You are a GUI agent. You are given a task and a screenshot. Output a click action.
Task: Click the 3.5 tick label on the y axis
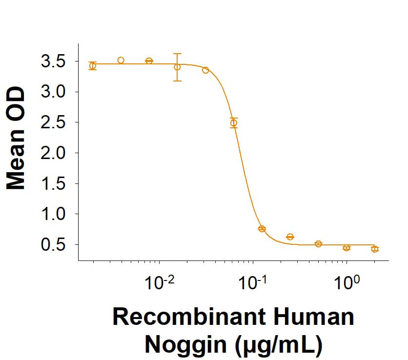[55, 61]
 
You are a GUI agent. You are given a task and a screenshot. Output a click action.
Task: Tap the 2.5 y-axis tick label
[55, 122]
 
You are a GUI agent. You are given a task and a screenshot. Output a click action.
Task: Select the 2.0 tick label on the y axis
[55, 153]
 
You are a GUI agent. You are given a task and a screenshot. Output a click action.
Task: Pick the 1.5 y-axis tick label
[55, 184]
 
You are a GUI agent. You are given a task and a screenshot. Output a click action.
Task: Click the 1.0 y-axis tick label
[55, 214]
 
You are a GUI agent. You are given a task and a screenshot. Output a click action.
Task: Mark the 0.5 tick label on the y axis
[55, 244]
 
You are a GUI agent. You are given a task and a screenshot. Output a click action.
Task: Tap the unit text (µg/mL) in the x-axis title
[275, 344]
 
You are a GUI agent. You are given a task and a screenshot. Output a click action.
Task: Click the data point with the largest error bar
[177, 67]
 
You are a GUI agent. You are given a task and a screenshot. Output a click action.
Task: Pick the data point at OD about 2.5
[234, 123]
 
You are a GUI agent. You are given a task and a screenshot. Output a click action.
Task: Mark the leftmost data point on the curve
[93, 66]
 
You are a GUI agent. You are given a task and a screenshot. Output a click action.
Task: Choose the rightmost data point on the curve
[375, 249]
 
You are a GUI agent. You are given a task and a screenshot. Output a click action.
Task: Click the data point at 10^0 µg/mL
[347, 248]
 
